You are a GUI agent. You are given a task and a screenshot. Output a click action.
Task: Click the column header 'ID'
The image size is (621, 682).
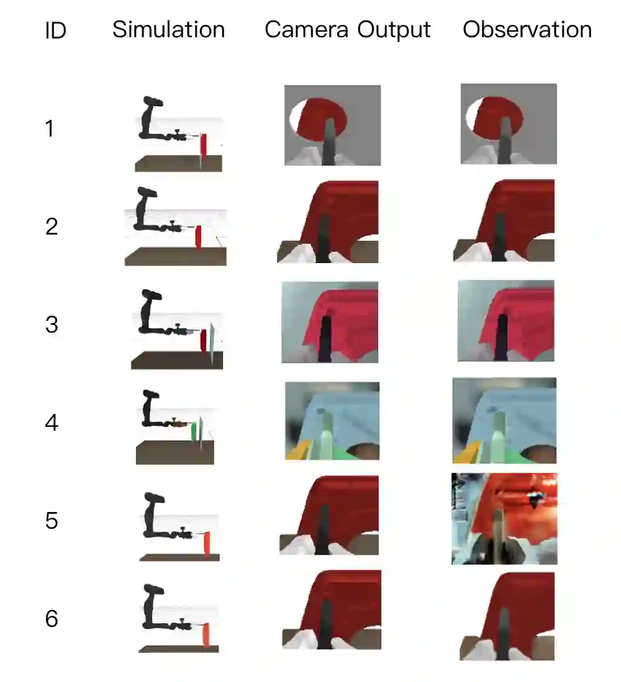click(55, 30)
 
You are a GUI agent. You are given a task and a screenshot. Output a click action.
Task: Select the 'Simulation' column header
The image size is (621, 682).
click(169, 30)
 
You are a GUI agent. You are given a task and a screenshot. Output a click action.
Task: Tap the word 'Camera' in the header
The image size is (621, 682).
click(307, 30)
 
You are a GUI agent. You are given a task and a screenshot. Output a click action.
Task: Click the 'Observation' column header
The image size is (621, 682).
click(527, 30)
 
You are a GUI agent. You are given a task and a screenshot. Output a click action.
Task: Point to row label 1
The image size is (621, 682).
click(50, 128)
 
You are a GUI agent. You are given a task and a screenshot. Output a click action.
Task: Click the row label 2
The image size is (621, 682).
click(52, 227)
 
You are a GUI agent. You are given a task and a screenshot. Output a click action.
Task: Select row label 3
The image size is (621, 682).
click(52, 325)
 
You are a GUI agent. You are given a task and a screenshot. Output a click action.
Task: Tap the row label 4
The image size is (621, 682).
click(52, 423)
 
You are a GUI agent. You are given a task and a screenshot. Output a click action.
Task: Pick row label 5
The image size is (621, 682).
click(52, 521)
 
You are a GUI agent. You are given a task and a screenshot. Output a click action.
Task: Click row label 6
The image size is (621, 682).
click(52, 619)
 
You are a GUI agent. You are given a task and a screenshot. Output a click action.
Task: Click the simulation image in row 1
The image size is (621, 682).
click(179, 134)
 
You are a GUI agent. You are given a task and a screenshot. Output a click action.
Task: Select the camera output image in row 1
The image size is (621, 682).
click(332, 125)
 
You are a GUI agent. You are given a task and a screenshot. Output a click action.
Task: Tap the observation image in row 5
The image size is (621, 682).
click(504, 518)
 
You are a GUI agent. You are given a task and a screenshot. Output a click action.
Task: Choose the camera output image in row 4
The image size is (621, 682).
click(332, 421)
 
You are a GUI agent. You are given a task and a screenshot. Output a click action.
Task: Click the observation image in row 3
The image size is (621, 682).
click(506, 321)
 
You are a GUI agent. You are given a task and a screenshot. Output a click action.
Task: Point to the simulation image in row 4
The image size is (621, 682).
click(175, 427)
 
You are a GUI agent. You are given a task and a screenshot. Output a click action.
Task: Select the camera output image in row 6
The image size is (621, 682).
click(332, 610)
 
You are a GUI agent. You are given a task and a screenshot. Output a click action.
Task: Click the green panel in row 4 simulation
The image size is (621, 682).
click(194, 431)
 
